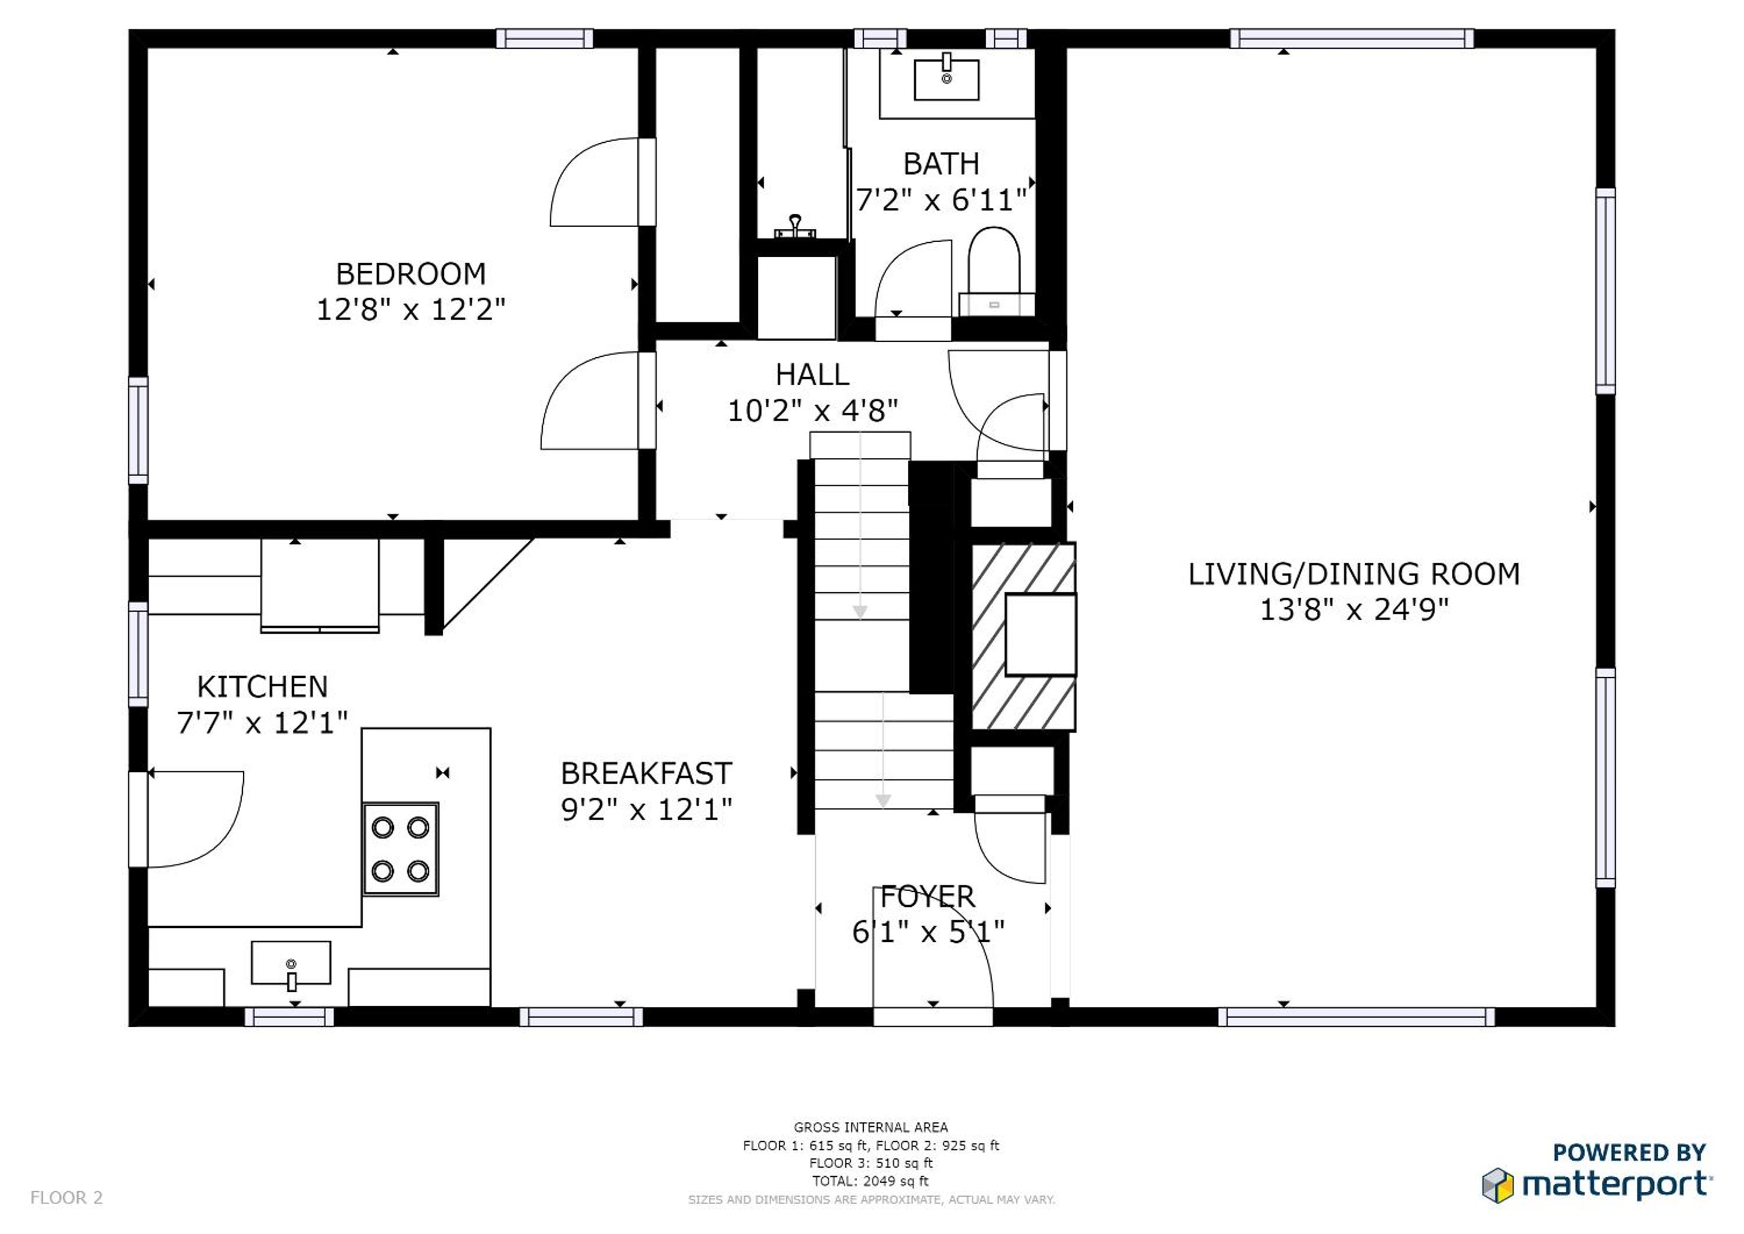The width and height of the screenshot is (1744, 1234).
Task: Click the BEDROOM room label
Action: coord(410,274)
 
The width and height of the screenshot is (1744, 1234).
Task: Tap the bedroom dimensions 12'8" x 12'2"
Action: coord(410,309)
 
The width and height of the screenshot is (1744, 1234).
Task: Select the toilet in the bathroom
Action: coord(995,271)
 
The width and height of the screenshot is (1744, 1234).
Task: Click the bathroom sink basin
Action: coord(946,80)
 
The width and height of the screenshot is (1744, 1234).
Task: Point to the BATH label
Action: coord(940,163)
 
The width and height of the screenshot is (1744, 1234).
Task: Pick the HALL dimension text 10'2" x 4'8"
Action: coord(813,411)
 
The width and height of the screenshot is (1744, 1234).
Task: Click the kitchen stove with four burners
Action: coord(400,849)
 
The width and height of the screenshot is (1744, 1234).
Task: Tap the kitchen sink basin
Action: coord(291,962)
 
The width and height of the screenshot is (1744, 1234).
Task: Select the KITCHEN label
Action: coord(262,687)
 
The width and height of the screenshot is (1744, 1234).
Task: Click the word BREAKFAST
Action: coord(646,774)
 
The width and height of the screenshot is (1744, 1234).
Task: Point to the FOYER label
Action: coord(928,897)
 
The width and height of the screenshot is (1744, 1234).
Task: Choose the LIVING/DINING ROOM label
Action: coord(1354,574)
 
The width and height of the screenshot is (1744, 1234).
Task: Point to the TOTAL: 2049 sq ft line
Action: coord(870,1181)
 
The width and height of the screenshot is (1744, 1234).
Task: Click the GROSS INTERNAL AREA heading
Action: coord(870,1127)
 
